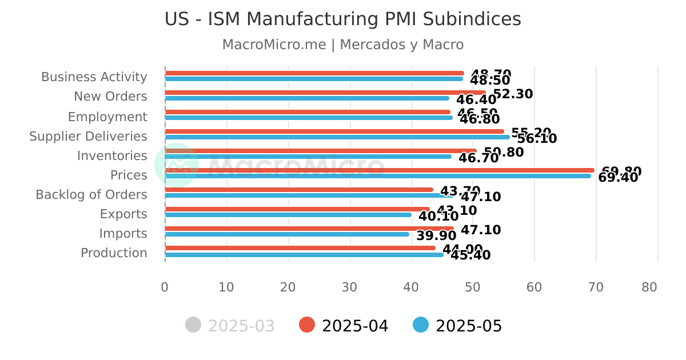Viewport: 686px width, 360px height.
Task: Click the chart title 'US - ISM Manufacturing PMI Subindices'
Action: click(342, 19)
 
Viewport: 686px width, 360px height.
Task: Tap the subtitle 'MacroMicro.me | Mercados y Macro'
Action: click(342, 45)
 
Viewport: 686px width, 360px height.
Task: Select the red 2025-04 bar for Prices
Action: click(380, 170)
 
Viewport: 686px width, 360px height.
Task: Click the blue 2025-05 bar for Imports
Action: click(287, 234)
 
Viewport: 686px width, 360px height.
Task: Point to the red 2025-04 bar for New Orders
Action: click(325, 93)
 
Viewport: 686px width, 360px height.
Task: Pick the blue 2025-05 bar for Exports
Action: click(288, 215)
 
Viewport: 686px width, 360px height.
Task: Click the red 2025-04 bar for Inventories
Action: click(321, 151)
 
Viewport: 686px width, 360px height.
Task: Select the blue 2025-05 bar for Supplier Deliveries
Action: click(337, 137)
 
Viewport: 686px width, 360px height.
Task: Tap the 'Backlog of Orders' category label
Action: click(91, 195)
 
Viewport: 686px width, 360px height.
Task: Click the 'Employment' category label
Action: click(107, 117)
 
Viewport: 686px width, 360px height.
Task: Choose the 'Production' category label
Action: click(114, 253)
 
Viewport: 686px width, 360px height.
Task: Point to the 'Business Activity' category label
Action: click(94, 77)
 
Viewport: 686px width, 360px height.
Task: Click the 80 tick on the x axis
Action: click(649, 287)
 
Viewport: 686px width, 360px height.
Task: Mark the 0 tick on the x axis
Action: click(165, 287)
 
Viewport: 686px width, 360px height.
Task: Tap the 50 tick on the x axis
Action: click(473, 287)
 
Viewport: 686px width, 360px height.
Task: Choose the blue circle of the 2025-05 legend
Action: click(421, 325)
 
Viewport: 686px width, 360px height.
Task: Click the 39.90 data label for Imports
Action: click(437, 236)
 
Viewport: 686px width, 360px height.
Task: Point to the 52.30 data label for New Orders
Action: click(513, 94)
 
